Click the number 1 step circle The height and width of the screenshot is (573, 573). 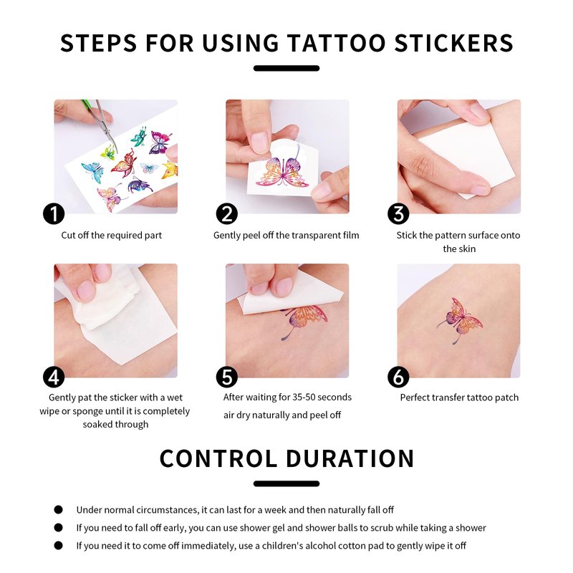point(54,213)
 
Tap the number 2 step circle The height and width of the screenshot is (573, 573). point(226,213)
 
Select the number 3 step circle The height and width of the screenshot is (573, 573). point(398,213)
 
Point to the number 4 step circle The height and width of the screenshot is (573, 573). point(54,377)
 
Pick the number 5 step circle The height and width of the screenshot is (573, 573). point(226,377)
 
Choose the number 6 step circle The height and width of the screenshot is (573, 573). point(398,377)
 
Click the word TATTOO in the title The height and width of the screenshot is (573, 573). point(336,43)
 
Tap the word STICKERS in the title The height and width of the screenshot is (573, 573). point(454,43)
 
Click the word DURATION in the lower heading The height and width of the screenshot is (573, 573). point(350,458)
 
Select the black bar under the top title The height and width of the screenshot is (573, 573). point(286,68)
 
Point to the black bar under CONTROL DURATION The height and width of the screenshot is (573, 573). point(286,484)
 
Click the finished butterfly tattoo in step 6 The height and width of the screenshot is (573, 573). point(460,319)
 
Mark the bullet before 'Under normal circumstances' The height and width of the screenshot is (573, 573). point(59,510)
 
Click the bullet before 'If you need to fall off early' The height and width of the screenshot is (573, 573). point(59,528)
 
